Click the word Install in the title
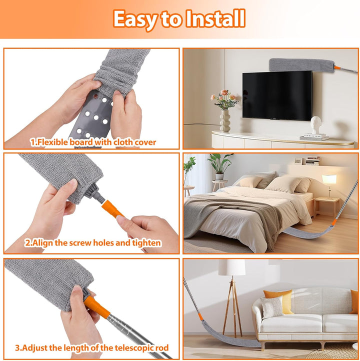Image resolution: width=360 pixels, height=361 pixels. (215, 18)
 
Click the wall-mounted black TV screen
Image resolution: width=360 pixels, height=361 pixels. (277, 95)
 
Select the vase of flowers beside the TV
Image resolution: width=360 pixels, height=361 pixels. (224, 110)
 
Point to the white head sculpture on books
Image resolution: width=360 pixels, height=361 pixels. (315, 125)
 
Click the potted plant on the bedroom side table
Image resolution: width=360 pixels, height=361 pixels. (219, 166)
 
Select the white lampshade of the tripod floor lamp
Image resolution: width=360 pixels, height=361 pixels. (232, 267)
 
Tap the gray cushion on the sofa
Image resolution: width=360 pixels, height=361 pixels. (272, 307)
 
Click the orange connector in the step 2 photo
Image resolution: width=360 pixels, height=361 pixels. (112, 209)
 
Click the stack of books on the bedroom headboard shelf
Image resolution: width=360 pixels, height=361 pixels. (312, 160)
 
